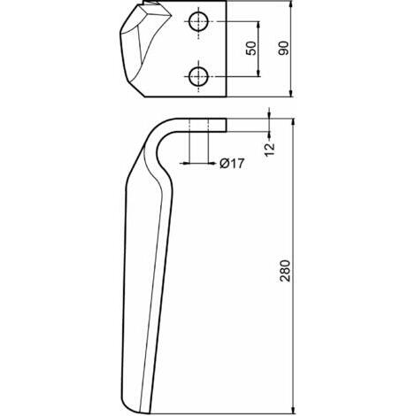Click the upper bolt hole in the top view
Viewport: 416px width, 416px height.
coord(198,21)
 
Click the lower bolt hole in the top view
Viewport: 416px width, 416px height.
coord(198,76)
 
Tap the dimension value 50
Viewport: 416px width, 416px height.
coord(251,49)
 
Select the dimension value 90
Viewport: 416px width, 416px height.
coord(284,49)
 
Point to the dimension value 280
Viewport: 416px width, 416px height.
coord(285,271)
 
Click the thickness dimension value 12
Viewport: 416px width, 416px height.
coord(270,150)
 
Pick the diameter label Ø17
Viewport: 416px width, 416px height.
coord(232,163)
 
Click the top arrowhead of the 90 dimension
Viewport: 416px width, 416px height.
coord(291,4)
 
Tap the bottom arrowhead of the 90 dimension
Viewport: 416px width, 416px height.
coord(291,93)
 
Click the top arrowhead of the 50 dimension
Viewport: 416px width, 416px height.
coord(258,26)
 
